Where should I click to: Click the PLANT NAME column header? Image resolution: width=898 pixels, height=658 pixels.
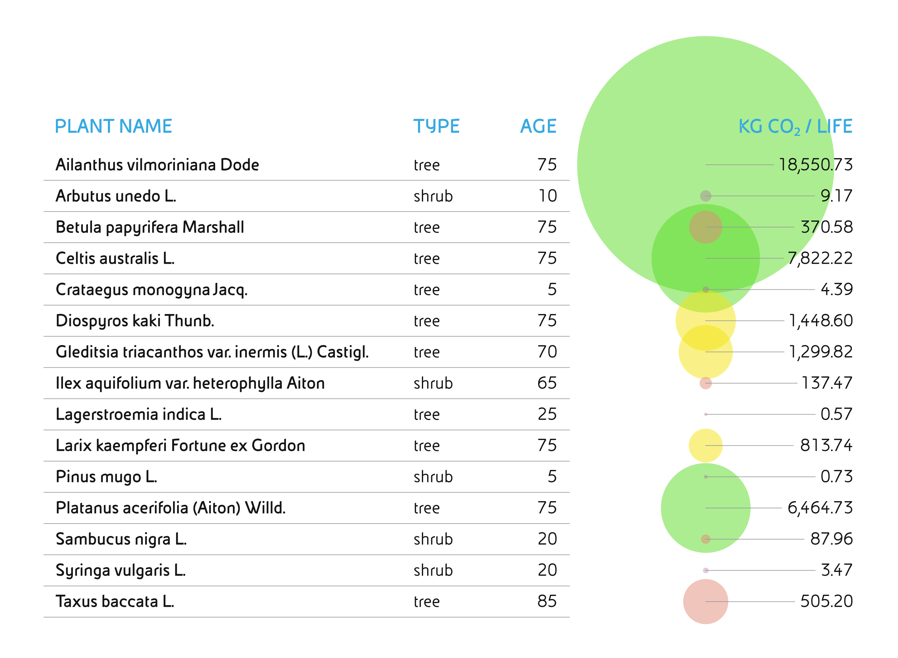(113, 126)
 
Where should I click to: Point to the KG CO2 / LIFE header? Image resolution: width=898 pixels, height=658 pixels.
(795, 127)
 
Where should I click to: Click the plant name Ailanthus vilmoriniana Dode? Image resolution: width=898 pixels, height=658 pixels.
(157, 165)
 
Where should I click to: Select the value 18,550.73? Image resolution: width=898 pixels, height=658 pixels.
(816, 165)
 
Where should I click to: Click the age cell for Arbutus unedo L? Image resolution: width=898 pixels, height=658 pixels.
(548, 196)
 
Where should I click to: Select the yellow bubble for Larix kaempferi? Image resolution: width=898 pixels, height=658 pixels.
(705, 445)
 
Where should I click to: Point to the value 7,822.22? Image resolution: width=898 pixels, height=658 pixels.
(820, 259)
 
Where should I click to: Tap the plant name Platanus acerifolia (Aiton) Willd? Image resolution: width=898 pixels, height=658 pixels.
(171, 508)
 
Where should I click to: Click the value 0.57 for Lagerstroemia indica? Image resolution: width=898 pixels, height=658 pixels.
(836, 414)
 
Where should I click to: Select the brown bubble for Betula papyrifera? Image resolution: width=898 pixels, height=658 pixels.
(705, 227)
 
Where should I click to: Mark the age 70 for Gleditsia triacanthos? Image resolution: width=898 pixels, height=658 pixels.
(547, 352)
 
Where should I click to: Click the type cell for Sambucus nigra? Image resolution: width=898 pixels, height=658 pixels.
(433, 539)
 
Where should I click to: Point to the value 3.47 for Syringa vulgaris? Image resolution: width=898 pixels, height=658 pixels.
(836, 570)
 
